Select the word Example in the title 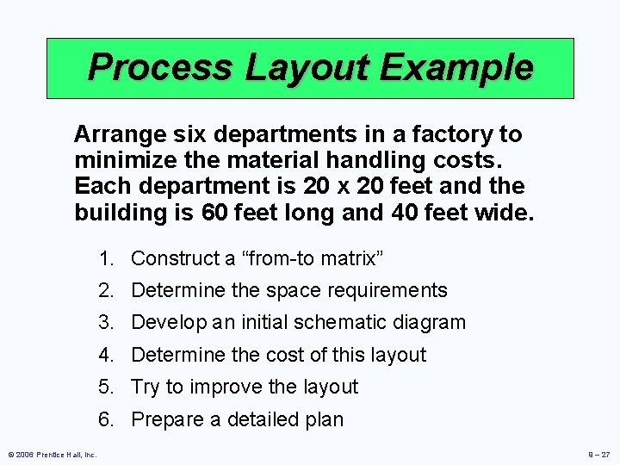(x=462, y=68)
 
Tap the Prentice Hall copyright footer (x=53, y=454)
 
